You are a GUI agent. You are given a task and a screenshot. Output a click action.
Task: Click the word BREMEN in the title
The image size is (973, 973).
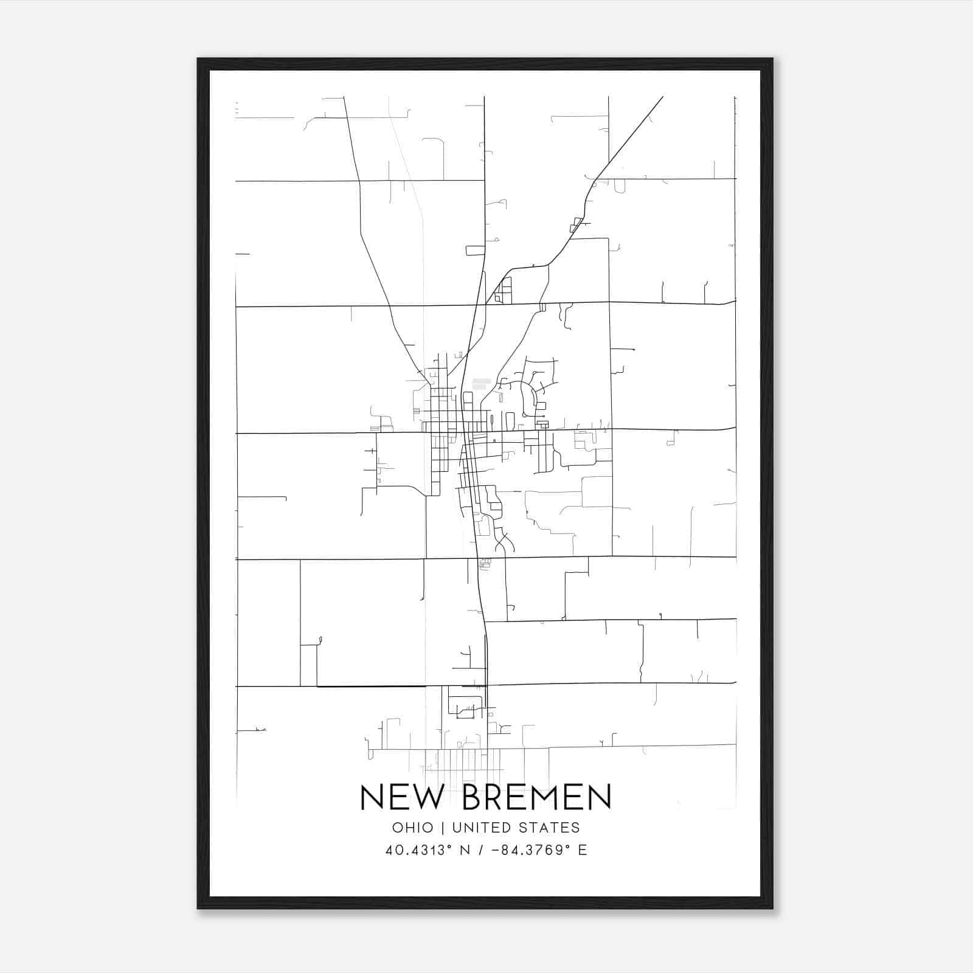(536, 797)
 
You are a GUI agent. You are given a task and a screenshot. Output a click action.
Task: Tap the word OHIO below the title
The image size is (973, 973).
(412, 828)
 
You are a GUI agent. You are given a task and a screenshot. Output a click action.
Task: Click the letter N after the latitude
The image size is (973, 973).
(465, 850)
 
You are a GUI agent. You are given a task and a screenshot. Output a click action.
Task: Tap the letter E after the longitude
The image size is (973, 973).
(583, 850)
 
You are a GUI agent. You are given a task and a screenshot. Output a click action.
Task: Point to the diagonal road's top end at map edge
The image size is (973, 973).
(662, 97)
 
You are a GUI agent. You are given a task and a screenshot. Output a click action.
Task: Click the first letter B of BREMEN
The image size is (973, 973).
(474, 797)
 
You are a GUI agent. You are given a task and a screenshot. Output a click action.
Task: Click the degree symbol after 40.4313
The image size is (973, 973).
(452, 847)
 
